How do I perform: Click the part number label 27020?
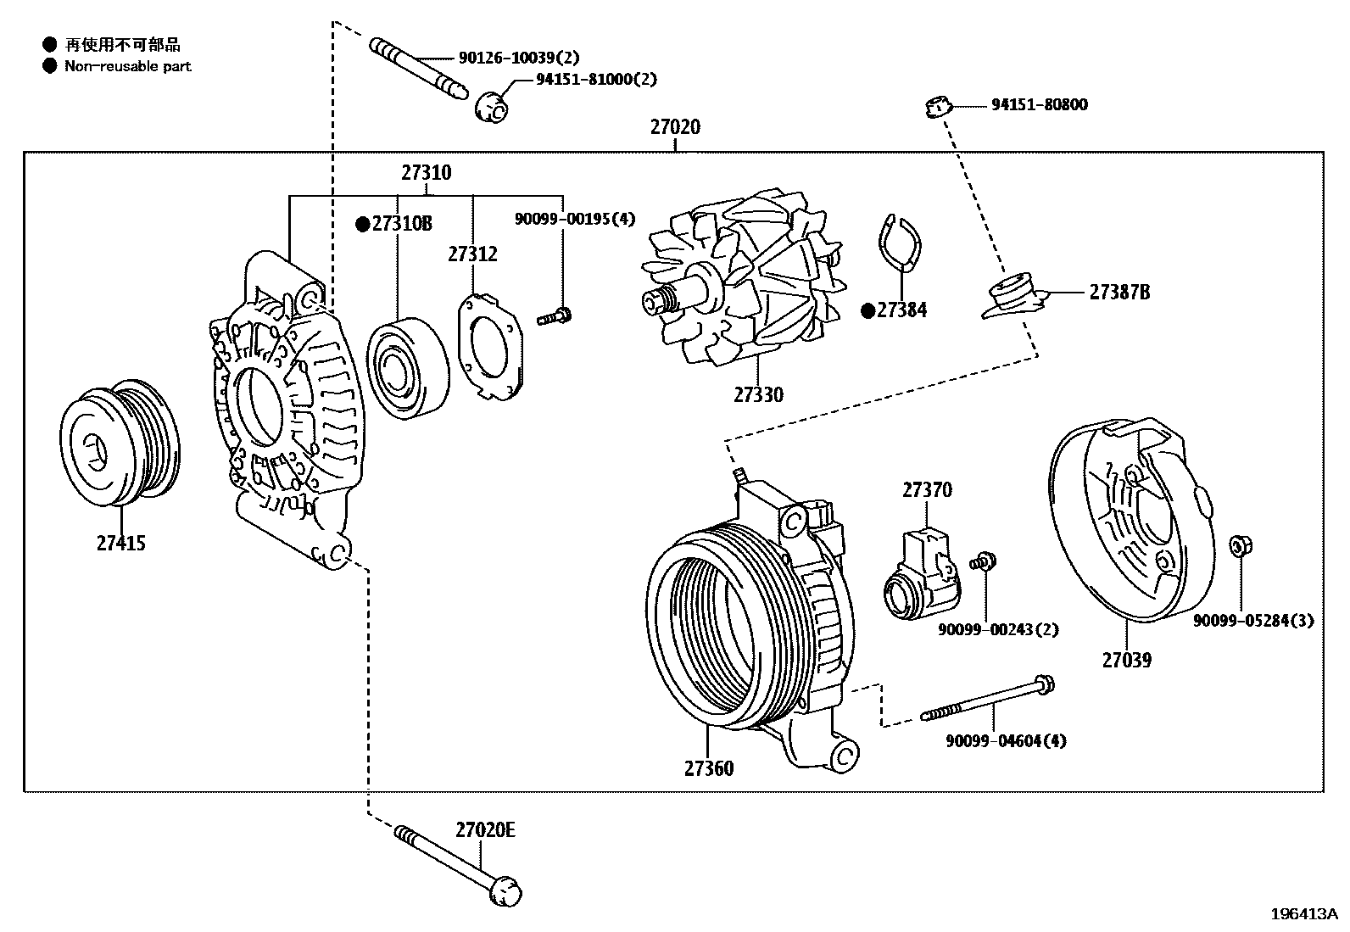click(675, 127)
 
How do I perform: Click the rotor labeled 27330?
click(738, 284)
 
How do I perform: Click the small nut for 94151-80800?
click(936, 107)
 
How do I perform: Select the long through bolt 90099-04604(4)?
click(989, 701)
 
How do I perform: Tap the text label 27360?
click(709, 769)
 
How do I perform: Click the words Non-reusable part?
click(128, 66)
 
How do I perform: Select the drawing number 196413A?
click(1303, 914)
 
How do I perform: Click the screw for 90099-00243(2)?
click(986, 561)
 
